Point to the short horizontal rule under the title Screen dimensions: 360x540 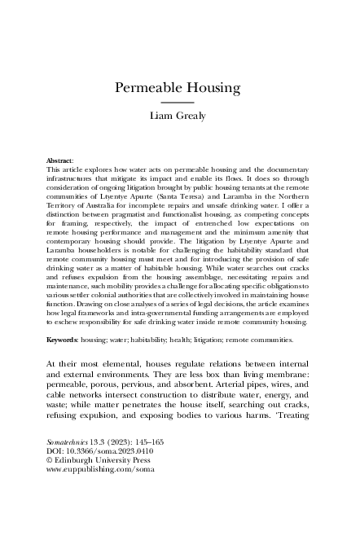coord(179,103)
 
